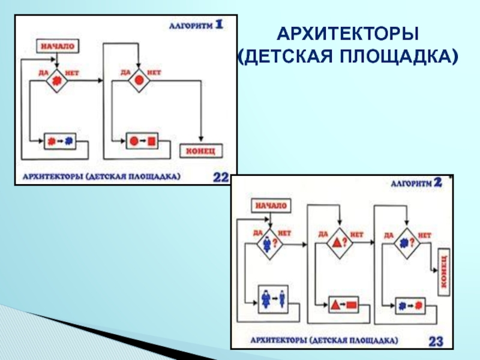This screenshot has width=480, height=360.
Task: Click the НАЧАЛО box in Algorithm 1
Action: [x=58, y=46]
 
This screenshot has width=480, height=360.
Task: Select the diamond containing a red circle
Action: [x=139, y=80]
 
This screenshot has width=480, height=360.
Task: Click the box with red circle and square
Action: [x=142, y=142]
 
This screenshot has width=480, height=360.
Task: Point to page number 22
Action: [x=221, y=177]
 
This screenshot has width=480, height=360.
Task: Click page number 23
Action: [x=436, y=341]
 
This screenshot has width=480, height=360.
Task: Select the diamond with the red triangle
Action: [x=340, y=242]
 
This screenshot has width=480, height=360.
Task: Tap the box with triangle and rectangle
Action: [x=343, y=304]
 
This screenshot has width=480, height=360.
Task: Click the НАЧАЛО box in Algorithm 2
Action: [x=271, y=205]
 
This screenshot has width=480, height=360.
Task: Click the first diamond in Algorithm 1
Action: [x=56, y=80]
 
